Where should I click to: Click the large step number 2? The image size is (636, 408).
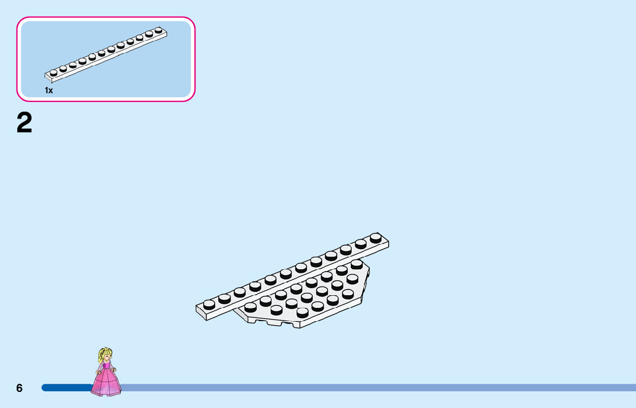[x=25, y=123]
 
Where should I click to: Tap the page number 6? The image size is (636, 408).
[x=19, y=388]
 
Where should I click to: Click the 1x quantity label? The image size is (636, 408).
[x=49, y=90]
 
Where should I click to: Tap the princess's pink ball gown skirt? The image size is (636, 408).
[x=106, y=383]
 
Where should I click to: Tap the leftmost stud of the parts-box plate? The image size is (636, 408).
[x=53, y=72]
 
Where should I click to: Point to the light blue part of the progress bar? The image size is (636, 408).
[x=374, y=388]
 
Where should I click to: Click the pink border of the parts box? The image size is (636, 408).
[x=106, y=18]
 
